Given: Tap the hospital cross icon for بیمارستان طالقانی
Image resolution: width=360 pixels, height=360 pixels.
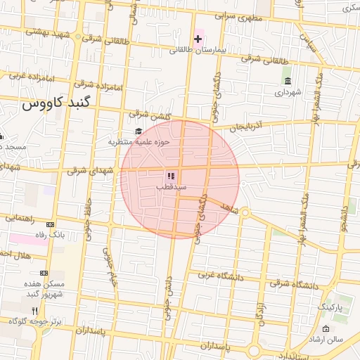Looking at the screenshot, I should coord(199,38).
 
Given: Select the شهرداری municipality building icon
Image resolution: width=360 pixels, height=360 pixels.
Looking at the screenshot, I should coord(288,81).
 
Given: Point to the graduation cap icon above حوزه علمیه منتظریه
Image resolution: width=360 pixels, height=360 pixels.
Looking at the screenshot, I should coord(138,131).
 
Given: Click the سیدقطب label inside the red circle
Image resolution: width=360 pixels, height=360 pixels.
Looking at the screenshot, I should coord(171,188).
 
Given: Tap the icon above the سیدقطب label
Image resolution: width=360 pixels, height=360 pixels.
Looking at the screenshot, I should coord(171,176).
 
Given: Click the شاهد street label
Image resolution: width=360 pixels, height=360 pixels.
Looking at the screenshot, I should coord(230,209).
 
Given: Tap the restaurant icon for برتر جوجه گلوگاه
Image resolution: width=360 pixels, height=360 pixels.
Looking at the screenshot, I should coord(34,310).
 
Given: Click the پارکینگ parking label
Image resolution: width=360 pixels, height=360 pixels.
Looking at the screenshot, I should coord(330,307).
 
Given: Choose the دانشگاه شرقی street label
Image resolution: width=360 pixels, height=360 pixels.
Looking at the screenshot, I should coord(292,285).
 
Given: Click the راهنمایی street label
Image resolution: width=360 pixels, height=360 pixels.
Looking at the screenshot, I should coord(20,218).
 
